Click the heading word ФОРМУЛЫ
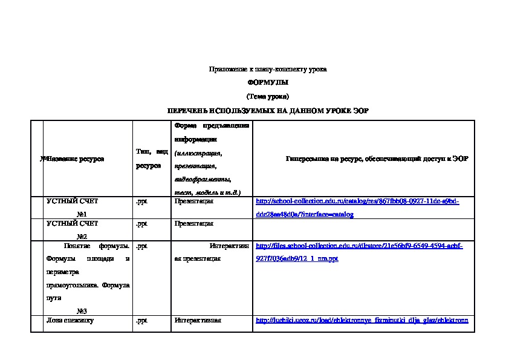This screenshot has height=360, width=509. [x=268, y=82]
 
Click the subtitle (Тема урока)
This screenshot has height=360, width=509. [x=268, y=97]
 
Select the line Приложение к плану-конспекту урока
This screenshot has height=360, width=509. [x=268, y=69]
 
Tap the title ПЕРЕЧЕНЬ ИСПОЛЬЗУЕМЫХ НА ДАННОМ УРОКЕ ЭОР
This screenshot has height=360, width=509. [x=268, y=111]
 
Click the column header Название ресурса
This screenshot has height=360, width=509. [x=75, y=159]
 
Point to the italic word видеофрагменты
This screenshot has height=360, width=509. [x=202, y=180]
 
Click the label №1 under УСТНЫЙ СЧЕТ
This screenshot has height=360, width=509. [x=82, y=214]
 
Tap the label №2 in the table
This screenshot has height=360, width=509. [x=82, y=237]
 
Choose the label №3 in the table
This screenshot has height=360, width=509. [x=82, y=310]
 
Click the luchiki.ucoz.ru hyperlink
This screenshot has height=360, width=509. [x=363, y=321]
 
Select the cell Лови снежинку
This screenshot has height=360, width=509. [x=70, y=321]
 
